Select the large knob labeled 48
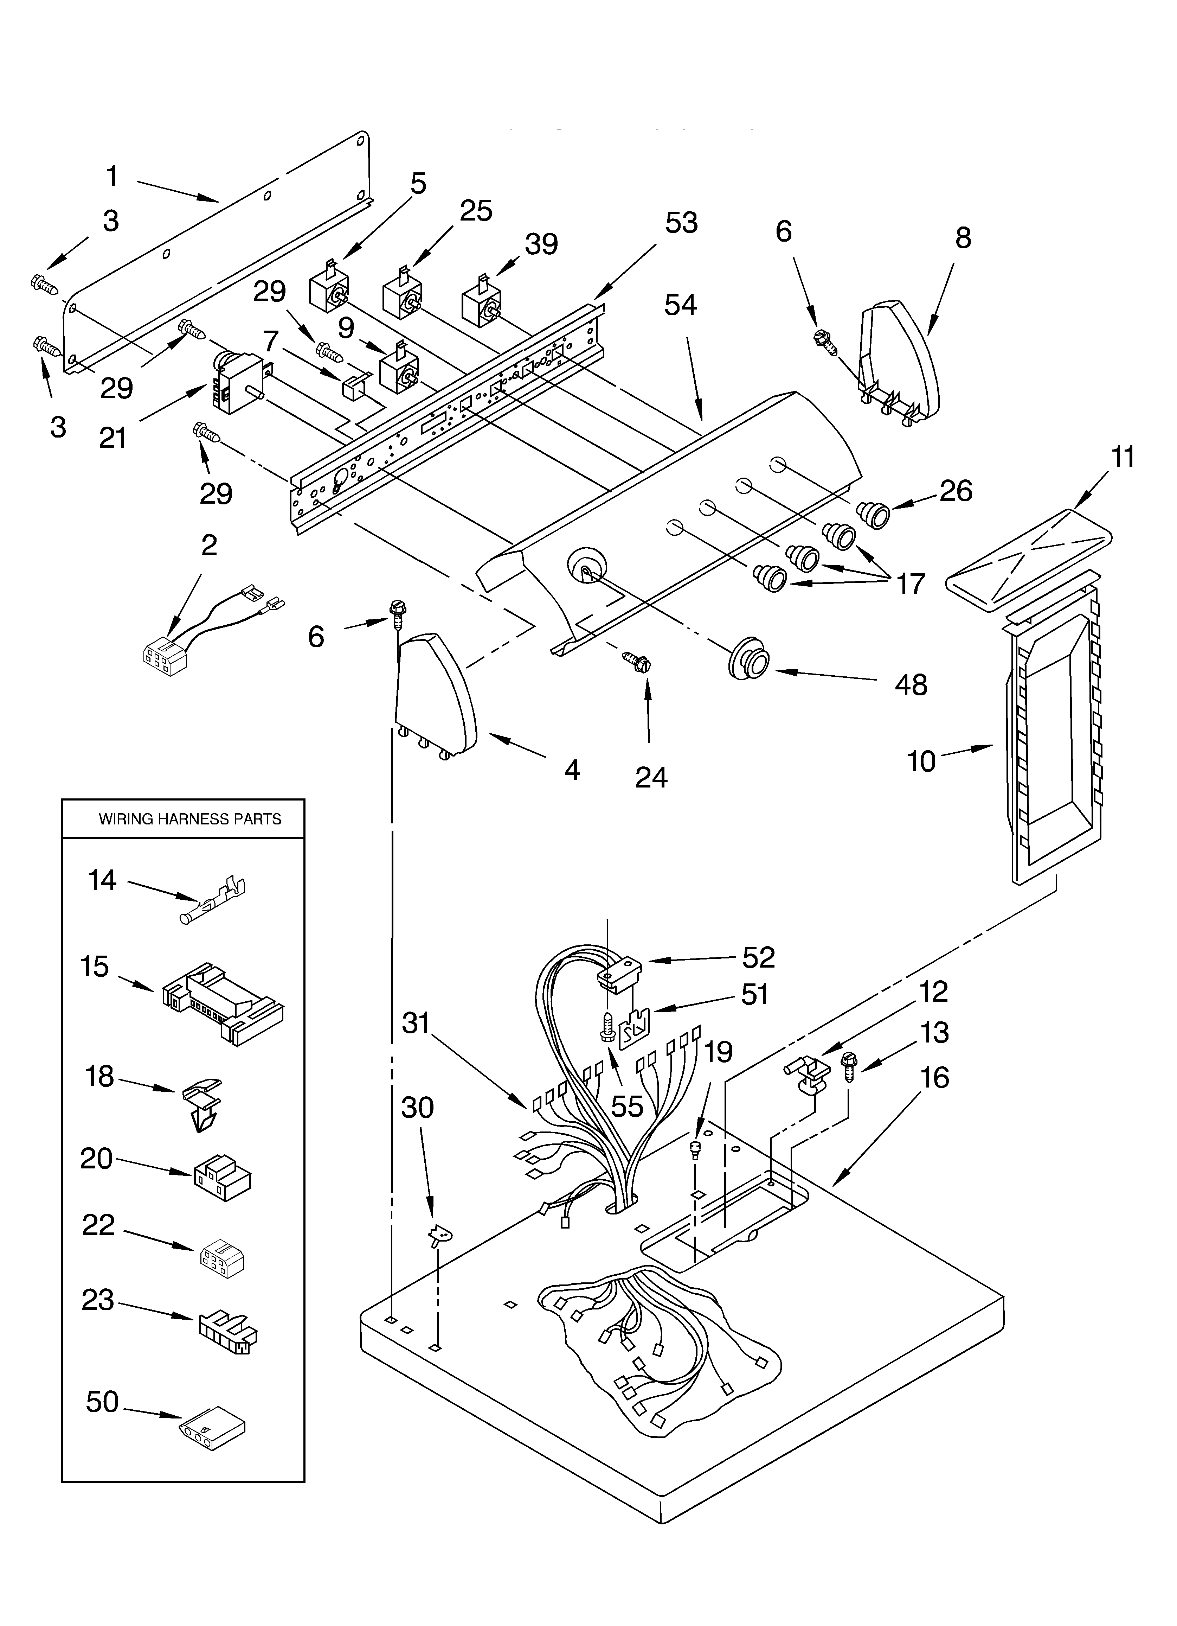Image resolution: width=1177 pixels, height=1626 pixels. pyautogui.click(x=749, y=656)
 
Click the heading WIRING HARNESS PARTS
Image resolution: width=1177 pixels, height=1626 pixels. pyautogui.click(x=190, y=819)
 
